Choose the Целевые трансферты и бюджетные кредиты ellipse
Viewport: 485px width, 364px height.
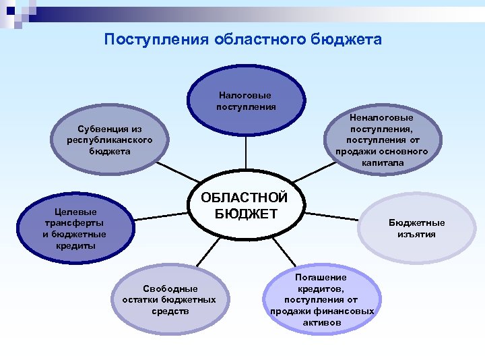(74, 228)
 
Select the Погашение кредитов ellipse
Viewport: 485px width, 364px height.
(321, 300)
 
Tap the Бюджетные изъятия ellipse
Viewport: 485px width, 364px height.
(416, 229)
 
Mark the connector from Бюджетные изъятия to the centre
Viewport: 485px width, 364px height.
(330, 217)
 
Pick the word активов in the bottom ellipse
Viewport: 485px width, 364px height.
(321, 323)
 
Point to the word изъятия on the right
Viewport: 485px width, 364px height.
(416, 235)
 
